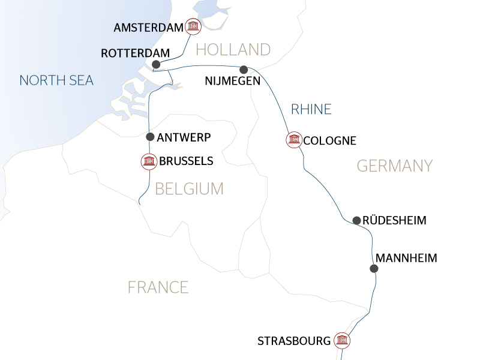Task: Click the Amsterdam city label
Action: click(x=147, y=28)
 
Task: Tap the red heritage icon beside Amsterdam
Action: click(x=193, y=26)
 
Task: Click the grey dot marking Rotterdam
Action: click(x=156, y=64)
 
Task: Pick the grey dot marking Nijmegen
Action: click(x=244, y=69)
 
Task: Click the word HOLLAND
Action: click(x=233, y=49)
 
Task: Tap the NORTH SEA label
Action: click(x=56, y=80)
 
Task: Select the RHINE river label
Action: click(x=311, y=109)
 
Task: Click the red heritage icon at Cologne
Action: click(x=293, y=140)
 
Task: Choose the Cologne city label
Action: click(x=330, y=141)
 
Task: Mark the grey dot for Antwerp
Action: click(x=150, y=137)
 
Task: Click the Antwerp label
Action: click(x=184, y=137)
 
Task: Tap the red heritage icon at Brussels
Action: click(x=148, y=161)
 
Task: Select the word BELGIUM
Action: click(x=189, y=189)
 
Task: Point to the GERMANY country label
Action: click(x=394, y=166)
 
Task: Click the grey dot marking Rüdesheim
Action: click(x=356, y=220)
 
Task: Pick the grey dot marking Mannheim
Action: click(x=374, y=269)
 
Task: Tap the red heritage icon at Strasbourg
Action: click(x=342, y=341)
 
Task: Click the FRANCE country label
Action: click(x=158, y=287)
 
